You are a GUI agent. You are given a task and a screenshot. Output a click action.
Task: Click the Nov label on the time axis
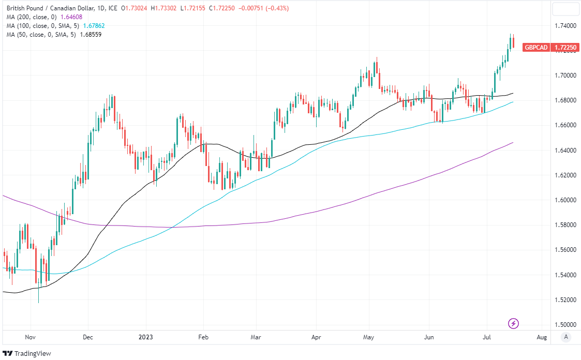click(x=30, y=337)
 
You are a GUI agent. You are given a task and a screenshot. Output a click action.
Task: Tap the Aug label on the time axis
click(x=542, y=337)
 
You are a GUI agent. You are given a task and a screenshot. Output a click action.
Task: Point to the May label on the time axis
click(x=368, y=337)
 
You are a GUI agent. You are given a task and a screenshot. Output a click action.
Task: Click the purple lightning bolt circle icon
click(x=513, y=324)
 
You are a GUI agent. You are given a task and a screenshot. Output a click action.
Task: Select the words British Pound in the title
click(x=25, y=8)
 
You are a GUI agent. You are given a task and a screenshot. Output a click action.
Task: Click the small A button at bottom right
click(x=566, y=337)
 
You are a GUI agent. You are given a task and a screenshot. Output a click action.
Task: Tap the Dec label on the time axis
click(x=88, y=337)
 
